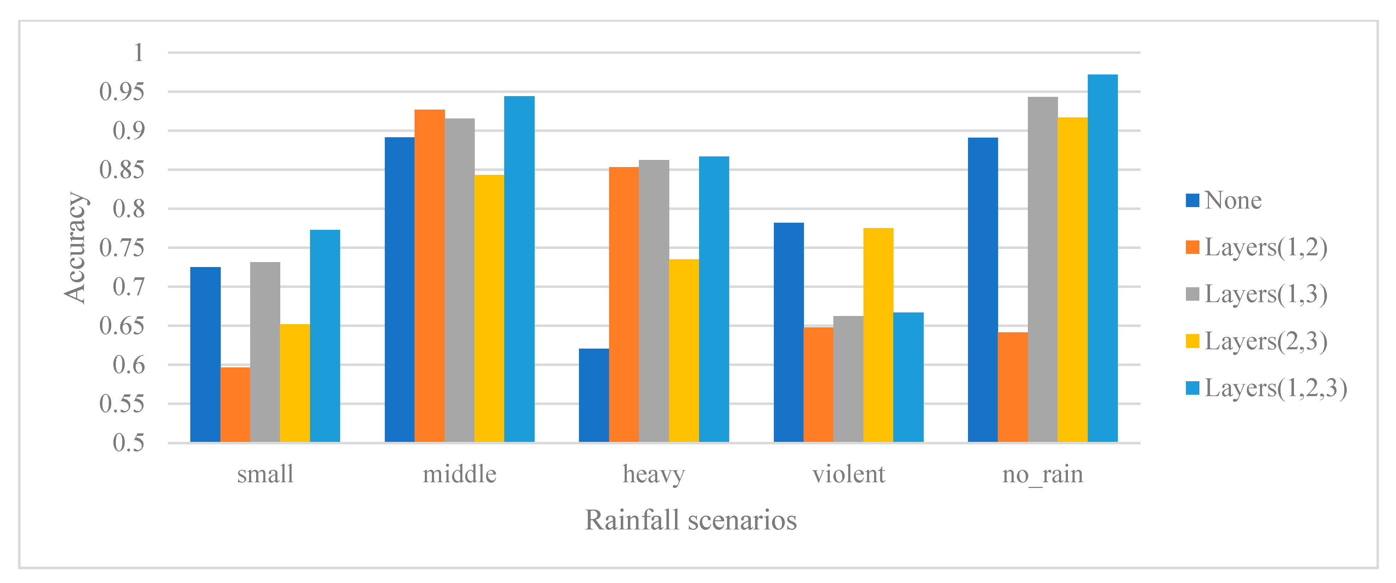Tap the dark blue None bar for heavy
tap(593, 395)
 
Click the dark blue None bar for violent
tap(788, 332)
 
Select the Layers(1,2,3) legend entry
tap(1265, 388)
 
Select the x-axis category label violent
tap(848, 474)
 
